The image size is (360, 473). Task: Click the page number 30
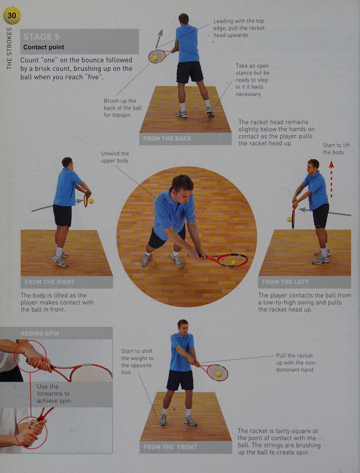[12, 15]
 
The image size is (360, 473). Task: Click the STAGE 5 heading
[41, 37]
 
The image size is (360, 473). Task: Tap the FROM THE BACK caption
[167, 139]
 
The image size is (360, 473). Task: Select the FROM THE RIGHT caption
[50, 282]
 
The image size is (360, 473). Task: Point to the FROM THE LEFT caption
[285, 282]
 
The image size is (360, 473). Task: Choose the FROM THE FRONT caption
[170, 447]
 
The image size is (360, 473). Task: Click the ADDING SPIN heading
[40, 333]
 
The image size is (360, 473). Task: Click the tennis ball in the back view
[155, 58]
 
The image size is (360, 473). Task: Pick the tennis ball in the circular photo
[233, 263]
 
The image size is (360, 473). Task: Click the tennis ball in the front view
[219, 374]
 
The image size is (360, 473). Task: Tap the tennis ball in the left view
[289, 219]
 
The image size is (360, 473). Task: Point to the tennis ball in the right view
[91, 201]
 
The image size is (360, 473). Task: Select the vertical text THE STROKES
[9, 48]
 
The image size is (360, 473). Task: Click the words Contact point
[43, 47]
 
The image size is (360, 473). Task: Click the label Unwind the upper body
[115, 157]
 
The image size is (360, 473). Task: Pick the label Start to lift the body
[336, 149]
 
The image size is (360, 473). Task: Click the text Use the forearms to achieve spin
[54, 394]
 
